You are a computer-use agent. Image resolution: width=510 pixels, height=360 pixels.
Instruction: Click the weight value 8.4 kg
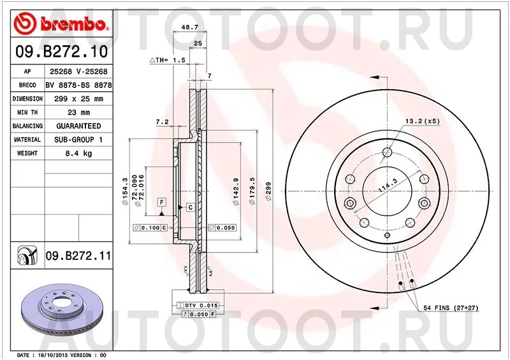[78, 154]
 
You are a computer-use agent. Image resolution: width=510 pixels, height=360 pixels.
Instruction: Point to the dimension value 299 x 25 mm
[78, 99]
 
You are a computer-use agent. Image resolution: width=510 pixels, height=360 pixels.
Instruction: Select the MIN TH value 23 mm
[78, 113]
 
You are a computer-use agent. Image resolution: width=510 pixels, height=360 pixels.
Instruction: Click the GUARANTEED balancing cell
[78, 126]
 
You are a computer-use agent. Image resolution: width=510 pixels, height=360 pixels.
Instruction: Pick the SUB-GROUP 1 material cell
[78, 140]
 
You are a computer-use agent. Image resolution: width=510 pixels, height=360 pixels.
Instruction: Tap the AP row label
[27, 71]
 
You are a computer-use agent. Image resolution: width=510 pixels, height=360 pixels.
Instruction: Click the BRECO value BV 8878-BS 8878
[78, 85]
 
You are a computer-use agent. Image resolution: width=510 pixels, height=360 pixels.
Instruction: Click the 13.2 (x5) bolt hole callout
[421, 120]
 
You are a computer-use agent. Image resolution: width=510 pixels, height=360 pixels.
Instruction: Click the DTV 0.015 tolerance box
[201, 306]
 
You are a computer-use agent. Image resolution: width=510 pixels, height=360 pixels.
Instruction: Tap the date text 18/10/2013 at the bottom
[54, 354]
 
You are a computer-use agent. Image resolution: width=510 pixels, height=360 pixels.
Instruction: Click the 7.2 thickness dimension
[161, 121]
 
